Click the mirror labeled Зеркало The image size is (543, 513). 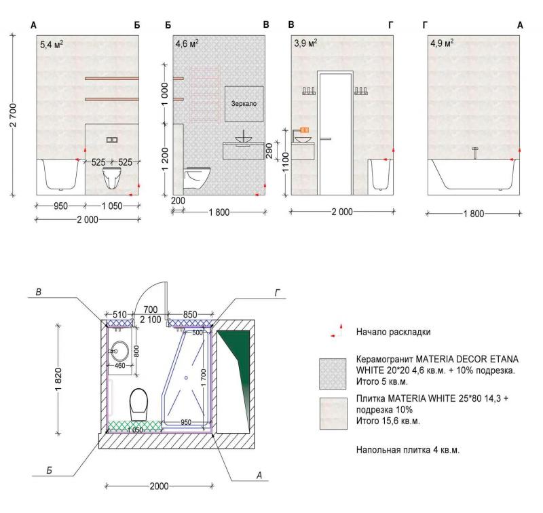tap(244, 104)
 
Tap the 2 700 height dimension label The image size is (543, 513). tap(13, 115)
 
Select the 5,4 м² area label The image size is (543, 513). tap(52, 44)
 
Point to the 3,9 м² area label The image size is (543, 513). tap(306, 43)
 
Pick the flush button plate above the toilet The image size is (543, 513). tap(112, 140)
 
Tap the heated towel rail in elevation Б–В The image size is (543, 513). tap(205, 94)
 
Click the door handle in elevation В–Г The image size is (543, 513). tap(326, 139)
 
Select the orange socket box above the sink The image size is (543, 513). tap(304, 130)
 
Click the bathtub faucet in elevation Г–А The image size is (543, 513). tap(475, 152)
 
